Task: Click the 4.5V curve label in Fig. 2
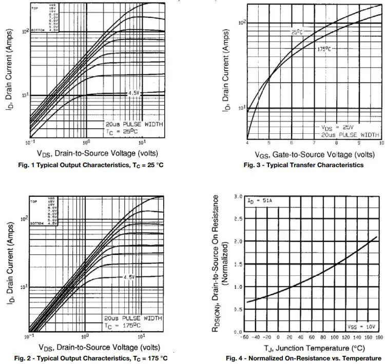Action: pos(129,277)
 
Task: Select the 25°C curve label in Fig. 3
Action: pos(298,32)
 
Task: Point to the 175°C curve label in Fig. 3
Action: pos(323,49)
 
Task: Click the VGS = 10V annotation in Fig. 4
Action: pos(362,326)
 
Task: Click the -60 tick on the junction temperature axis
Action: pos(245,337)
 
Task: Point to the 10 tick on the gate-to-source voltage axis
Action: pos(379,142)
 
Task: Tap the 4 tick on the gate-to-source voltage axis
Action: pos(247,142)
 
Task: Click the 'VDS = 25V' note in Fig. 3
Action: pos(338,127)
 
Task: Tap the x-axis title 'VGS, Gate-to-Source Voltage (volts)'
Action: pos(314,154)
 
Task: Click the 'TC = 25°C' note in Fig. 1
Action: pos(121,132)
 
